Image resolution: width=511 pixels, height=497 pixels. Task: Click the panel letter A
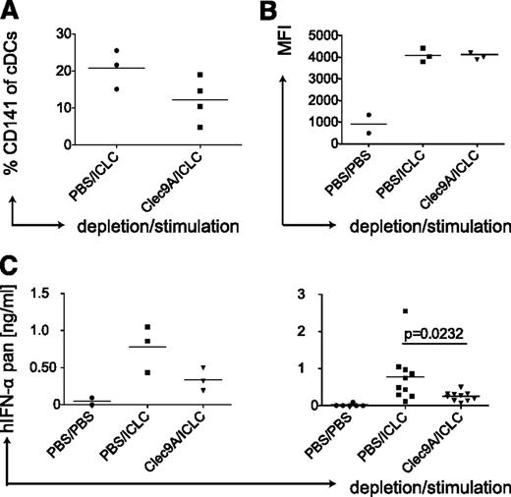pyautogui.click(x=11, y=12)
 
